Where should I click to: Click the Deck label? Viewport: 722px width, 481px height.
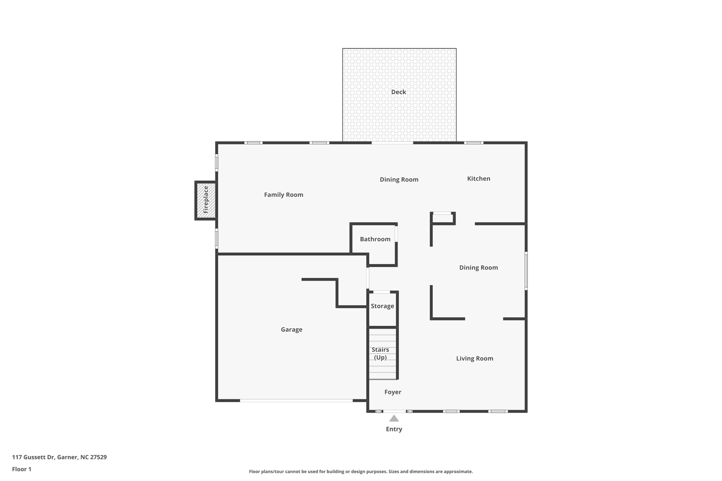point(398,92)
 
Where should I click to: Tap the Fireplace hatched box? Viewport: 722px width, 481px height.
point(206,200)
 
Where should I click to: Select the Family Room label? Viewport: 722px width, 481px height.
point(283,195)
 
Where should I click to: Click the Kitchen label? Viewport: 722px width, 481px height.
point(478,179)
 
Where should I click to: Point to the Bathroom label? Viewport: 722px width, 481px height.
point(375,239)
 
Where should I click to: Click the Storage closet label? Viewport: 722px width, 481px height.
point(382,306)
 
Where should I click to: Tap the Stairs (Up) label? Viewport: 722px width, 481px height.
point(380,353)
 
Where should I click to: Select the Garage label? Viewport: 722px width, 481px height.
point(291,329)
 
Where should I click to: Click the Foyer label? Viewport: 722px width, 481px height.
point(392,392)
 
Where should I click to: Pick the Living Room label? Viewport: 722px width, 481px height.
point(474,358)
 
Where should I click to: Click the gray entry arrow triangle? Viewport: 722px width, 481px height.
point(394,419)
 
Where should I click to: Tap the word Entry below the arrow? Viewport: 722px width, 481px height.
point(394,429)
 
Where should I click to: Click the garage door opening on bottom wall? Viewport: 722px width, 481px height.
point(296,401)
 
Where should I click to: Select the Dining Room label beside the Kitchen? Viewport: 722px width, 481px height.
point(399,179)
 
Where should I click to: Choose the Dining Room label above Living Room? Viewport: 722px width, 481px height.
point(478,267)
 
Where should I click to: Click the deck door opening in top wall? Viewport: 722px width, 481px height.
point(392,143)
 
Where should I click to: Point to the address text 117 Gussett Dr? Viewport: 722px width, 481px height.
point(59,457)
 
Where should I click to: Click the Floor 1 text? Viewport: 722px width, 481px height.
point(22,469)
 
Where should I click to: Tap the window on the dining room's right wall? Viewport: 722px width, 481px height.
point(526,271)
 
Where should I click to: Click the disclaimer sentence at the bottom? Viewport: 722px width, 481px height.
point(361,471)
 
